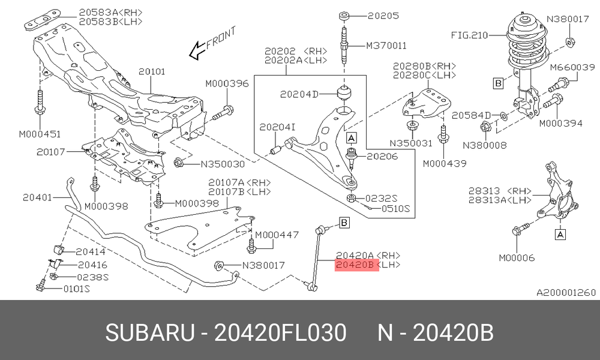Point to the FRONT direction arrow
pos(198,50)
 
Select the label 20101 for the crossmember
pos(152,71)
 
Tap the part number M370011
pos(386,46)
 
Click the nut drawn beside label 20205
pos(344,16)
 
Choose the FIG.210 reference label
pos(470,35)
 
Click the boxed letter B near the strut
pos(498,83)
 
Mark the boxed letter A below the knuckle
pos(560,234)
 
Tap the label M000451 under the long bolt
pos(40,134)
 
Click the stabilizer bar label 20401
pos(37,198)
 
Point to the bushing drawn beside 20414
pos(58,248)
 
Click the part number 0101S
pos(76,289)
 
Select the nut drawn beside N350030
pos(179,163)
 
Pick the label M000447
pos(277,235)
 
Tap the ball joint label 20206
pos(382,157)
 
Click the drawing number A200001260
pos(566,293)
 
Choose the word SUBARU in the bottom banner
pos(150,333)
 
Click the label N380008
pos(484,146)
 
